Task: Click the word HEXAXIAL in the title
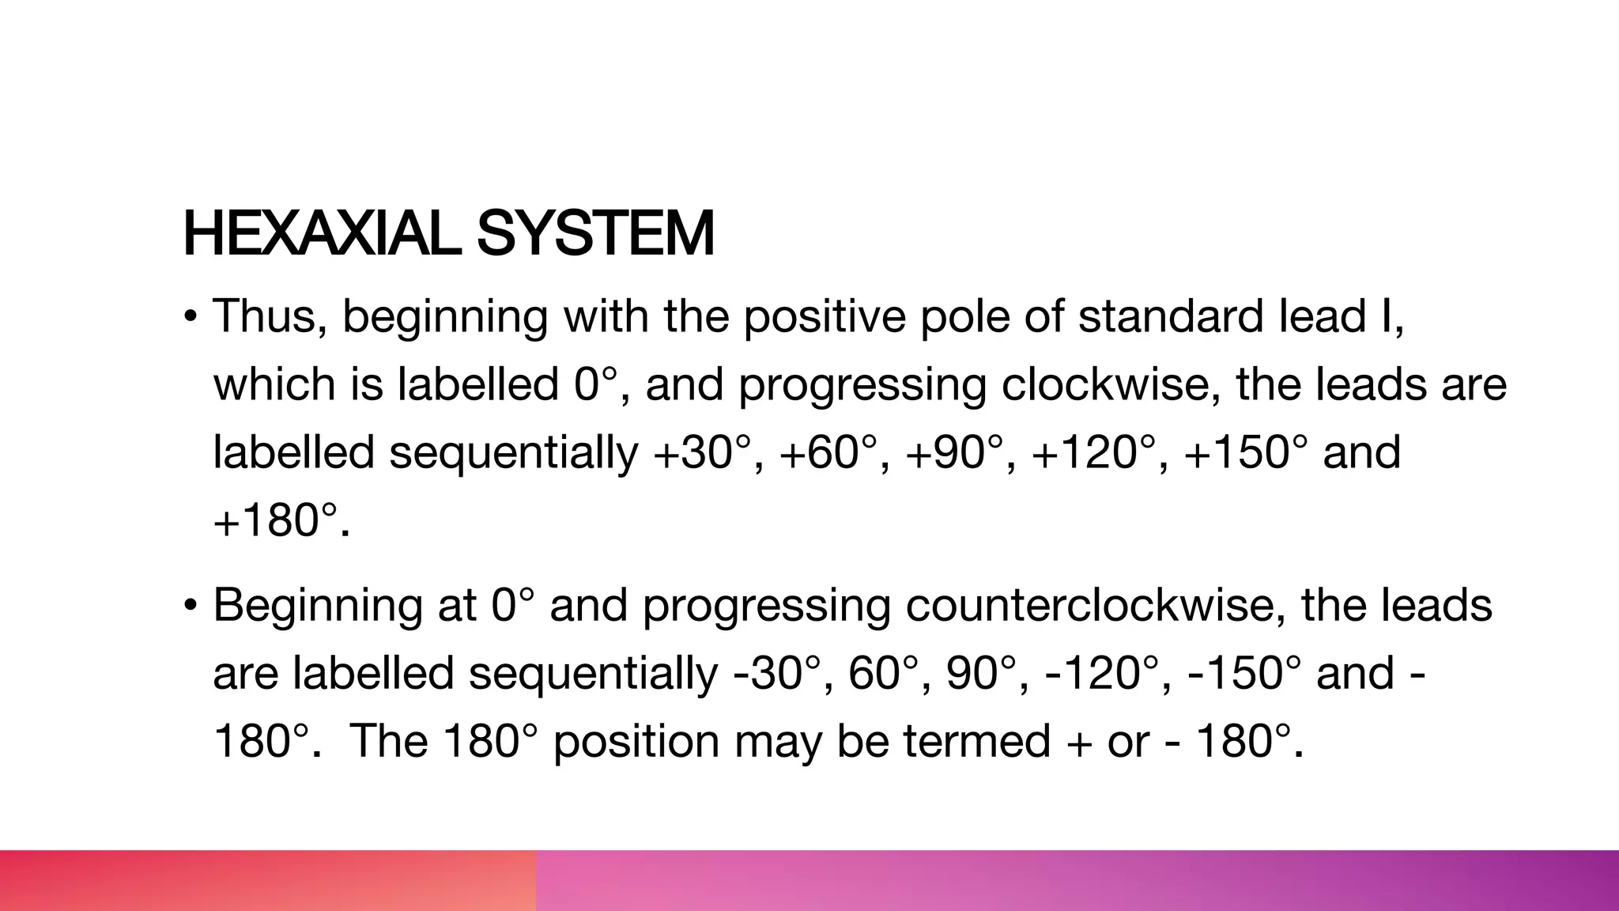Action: click(x=321, y=234)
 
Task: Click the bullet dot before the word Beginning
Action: click(x=190, y=607)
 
